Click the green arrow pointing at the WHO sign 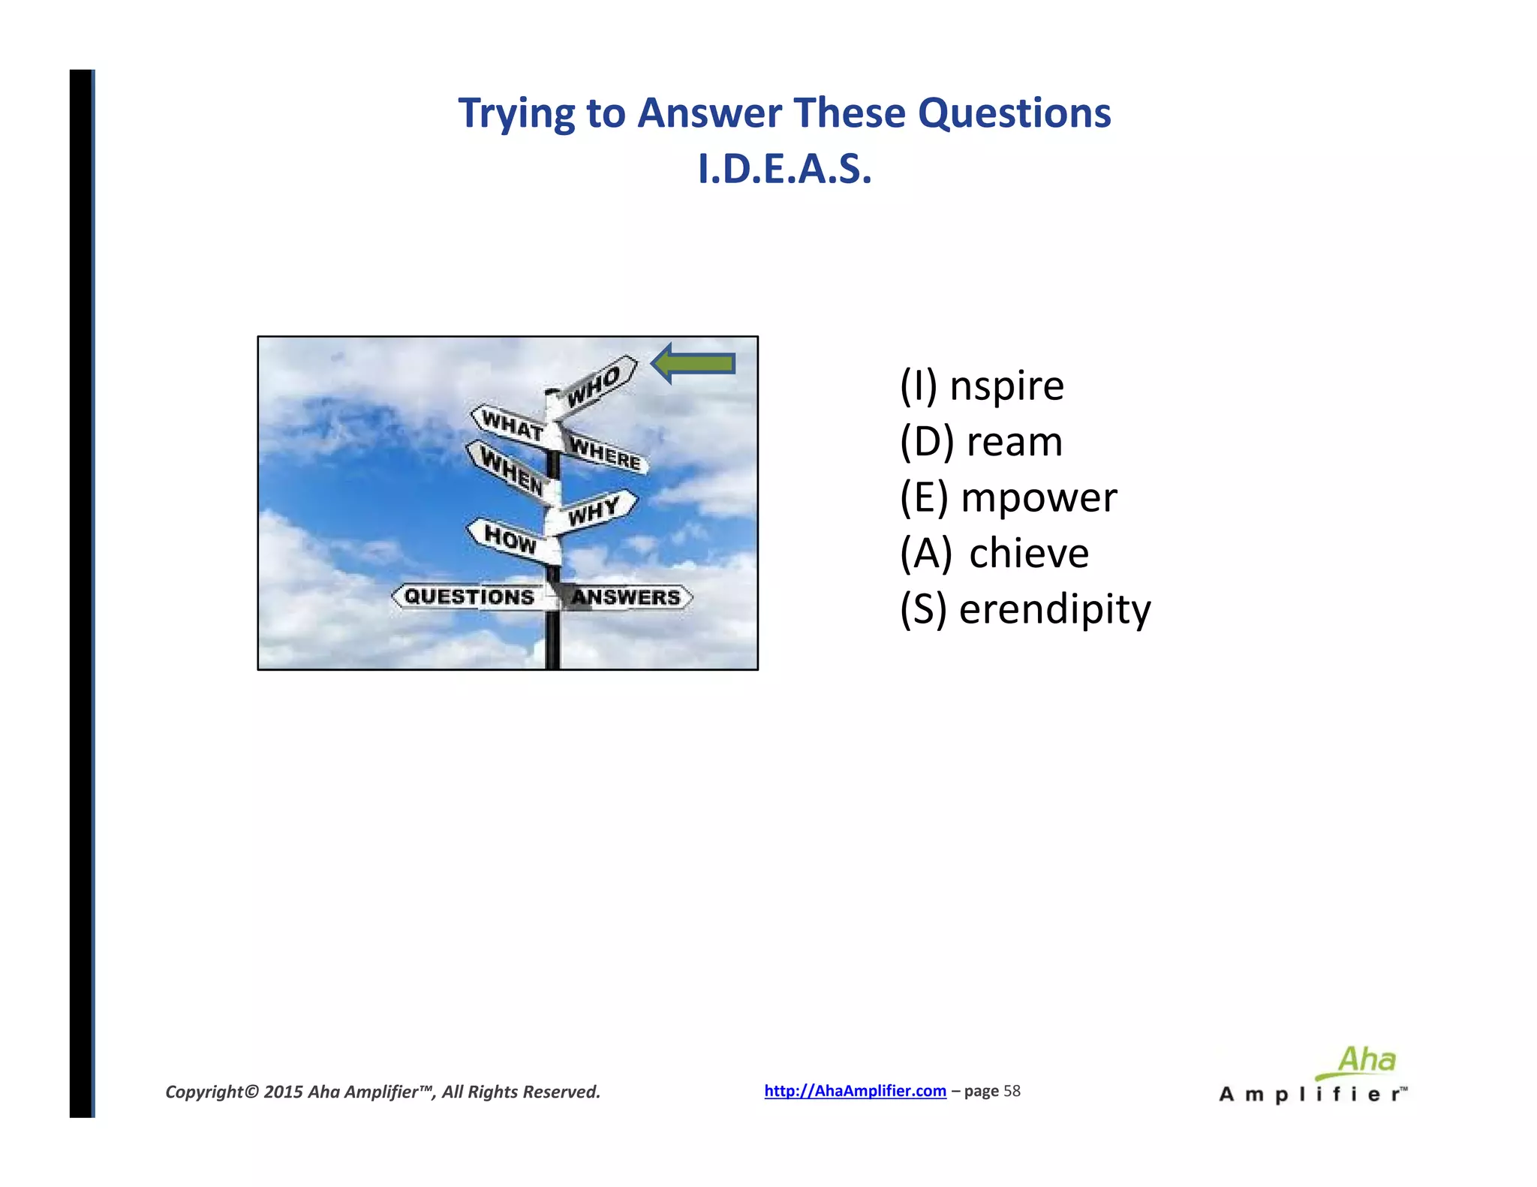pyautogui.click(x=693, y=364)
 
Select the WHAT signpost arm pyautogui.click(x=513, y=425)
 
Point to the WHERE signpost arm pyautogui.click(x=605, y=452)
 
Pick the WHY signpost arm pyautogui.click(x=594, y=511)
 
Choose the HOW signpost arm pyautogui.click(x=511, y=538)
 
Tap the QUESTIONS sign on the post pyautogui.click(x=470, y=597)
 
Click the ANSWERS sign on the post pyautogui.click(x=626, y=597)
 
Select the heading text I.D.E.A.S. pyautogui.click(x=784, y=169)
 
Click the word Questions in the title pyautogui.click(x=1014, y=113)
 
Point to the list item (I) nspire pyautogui.click(x=982, y=386)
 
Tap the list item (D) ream pyautogui.click(x=981, y=441)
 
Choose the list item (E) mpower pyautogui.click(x=1008, y=497)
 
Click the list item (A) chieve pyautogui.click(x=994, y=553)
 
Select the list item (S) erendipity pyautogui.click(x=1024, y=609)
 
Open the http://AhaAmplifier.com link pyautogui.click(x=855, y=1091)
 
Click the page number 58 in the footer pyautogui.click(x=1012, y=1091)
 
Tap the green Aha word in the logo pyautogui.click(x=1367, y=1059)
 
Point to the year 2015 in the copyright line pyautogui.click(x=283, y=1092)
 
